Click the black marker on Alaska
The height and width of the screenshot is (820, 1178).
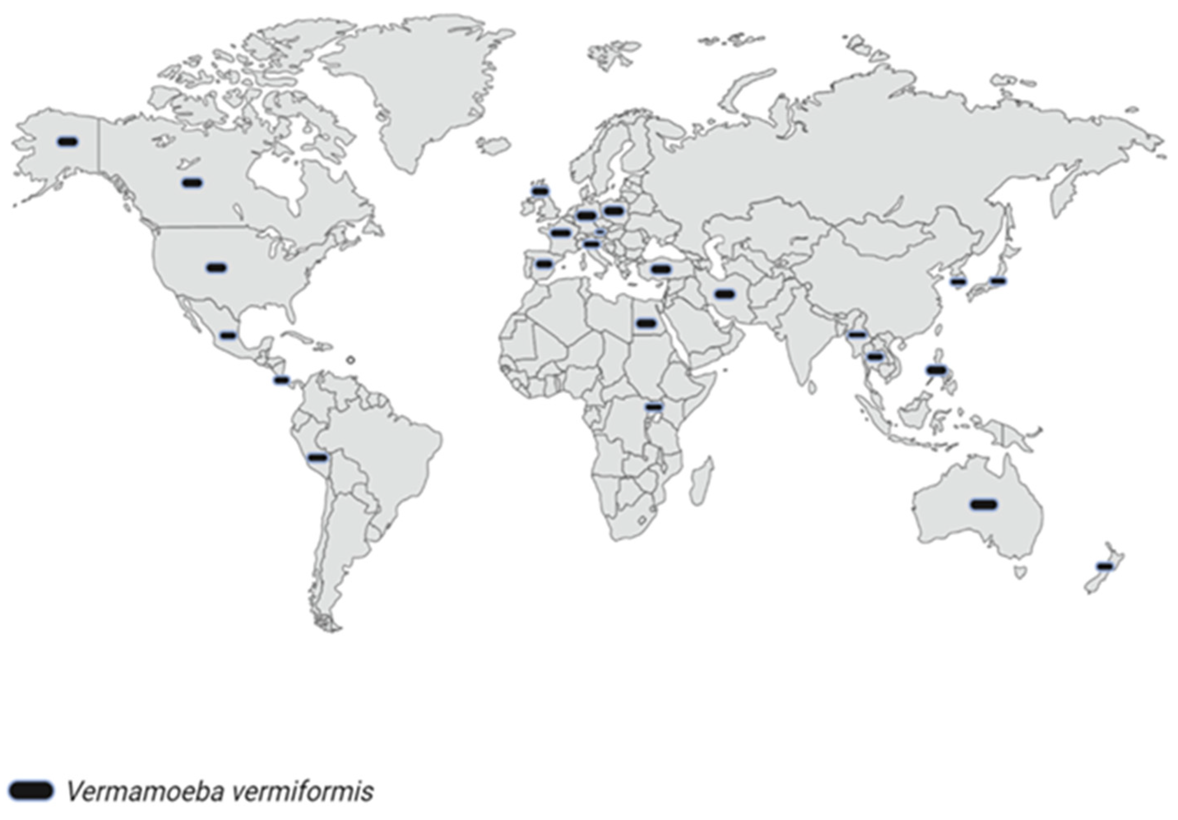pyautogui.click(x=68, y=141)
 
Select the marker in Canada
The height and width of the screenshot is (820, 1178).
pyautogui.click(x=192, y=182)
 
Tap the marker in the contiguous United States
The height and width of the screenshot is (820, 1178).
pyautogui.click(x=217, y=267)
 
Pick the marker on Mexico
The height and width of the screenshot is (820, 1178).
pyautogui.click(x=228, y=335)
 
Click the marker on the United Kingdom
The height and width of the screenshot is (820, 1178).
pyautogui.click(x=540, y=191)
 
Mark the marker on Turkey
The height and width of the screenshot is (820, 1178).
pyautogui.click(x=660, y=269)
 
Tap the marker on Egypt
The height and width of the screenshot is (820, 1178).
pyautogui.click(x=646, y=323)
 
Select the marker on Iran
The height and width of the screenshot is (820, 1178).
pyautogui.click(x=724, y=294)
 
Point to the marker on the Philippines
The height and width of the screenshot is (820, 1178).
pyautogui.click(x=936, y=369)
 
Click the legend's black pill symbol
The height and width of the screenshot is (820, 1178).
pyautogui.click(x=31, y=791)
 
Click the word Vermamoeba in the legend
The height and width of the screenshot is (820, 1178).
pyautogui.click(x=145, y=791)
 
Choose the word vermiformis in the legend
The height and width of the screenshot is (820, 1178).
pyautogui.click(x=302, y=791)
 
